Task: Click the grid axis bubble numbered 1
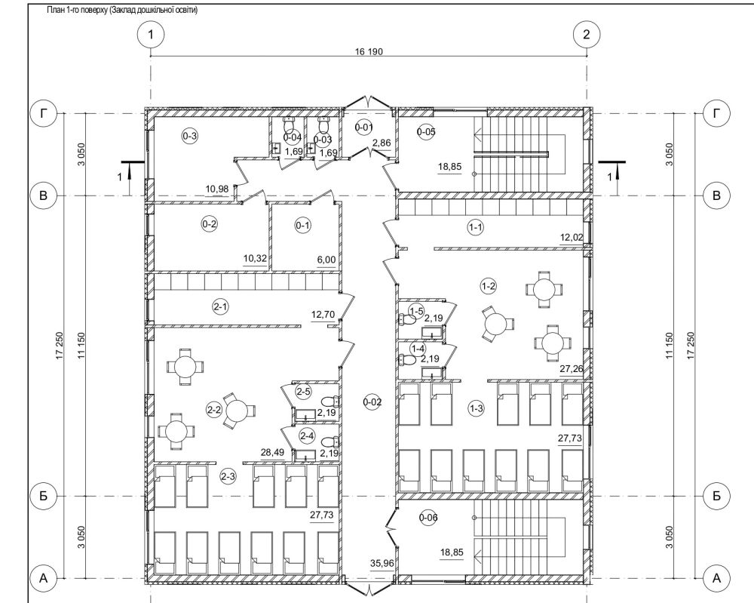click(151, 35)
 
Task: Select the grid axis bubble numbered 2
click(586, 35)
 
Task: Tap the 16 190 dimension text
click(369, 51)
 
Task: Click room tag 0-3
click(190, 136)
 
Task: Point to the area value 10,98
click(217, 189)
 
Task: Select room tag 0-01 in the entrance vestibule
click(364, 128)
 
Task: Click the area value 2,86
click(382, 143)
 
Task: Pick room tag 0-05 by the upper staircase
click(426, 131)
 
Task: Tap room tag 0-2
click(210, 224)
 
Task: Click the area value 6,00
click(326, 260)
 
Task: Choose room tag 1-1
click(475, 228)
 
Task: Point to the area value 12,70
click(323, 315)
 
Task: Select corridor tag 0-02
click(372, 402)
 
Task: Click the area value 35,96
click(382, 562)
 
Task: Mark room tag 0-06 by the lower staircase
click(428, 518)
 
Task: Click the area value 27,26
click(572, 369)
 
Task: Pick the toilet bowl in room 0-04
click(290, 125)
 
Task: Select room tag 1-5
click(416, 311)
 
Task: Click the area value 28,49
click(272, 453)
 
